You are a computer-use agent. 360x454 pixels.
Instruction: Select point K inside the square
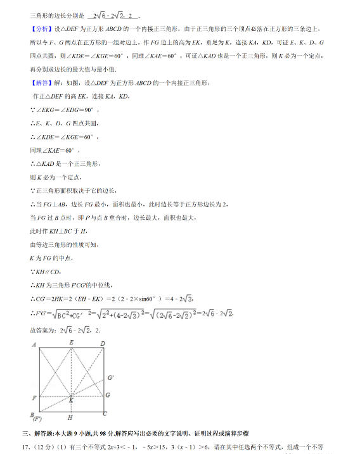point(71,400)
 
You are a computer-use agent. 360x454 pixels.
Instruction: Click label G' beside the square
point(112,379)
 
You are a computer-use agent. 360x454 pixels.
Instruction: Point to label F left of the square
point(32,397)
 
